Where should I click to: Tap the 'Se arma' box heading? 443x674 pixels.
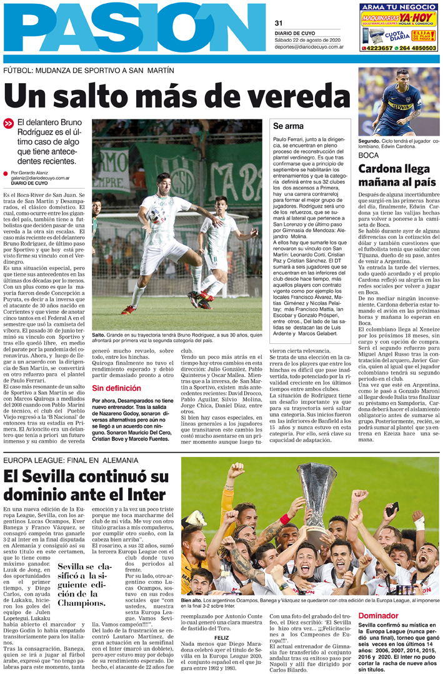[x=288, y=126]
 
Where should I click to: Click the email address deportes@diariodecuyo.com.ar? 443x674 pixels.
[x=309, y=46]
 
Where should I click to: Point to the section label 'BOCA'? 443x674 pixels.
[x=369, y=154]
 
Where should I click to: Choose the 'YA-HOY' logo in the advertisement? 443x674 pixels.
[x=419, y=19]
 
